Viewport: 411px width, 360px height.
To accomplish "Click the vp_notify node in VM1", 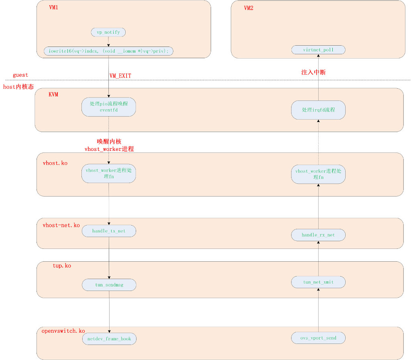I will point(108,32).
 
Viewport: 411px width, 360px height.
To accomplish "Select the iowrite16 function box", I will point(108,51).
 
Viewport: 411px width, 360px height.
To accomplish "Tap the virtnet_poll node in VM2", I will point(318,50).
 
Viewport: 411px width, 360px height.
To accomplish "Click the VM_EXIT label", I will point(120,75).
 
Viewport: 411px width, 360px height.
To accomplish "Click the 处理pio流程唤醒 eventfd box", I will point(108,107).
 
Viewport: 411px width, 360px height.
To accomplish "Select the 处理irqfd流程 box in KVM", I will point(318,110).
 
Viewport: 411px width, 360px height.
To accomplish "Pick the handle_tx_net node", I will point(109,231).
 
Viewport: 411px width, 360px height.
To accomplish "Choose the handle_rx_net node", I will point(318,235).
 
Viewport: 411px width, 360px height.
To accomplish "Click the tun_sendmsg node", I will point(109,285).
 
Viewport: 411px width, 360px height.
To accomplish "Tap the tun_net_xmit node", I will point(318,282).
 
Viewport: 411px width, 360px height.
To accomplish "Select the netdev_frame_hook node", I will point(109,339).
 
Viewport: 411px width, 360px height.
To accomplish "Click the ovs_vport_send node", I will point(318,338).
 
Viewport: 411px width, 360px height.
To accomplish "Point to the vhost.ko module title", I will point(55,163).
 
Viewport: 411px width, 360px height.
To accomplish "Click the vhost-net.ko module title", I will point(61,226).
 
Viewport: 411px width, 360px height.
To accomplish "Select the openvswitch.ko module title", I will point(63,331).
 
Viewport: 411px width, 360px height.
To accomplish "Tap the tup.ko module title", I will point(62,266).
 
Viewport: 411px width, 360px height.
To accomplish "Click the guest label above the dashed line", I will point(20,75).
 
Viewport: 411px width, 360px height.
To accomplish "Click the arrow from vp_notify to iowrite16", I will point(108,42).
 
